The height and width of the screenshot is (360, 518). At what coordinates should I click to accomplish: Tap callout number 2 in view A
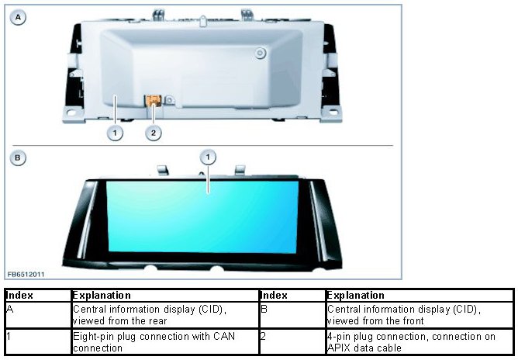point(154,133)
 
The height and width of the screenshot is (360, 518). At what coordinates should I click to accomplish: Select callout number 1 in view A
point(115,133)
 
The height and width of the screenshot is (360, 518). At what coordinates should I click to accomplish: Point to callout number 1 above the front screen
point(208,157)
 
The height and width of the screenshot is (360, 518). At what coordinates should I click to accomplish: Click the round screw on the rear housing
point(260,54)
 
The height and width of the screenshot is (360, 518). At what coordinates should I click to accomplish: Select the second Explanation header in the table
point(355,296)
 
